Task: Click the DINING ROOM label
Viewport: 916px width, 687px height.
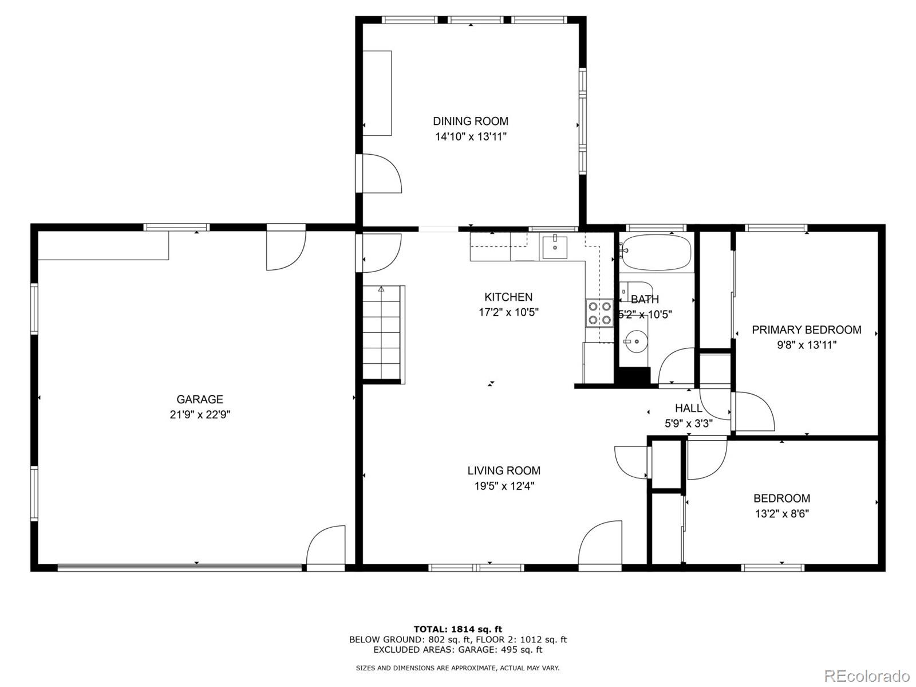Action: pos(470,121)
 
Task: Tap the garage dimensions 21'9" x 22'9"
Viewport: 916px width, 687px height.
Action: pos(200,415)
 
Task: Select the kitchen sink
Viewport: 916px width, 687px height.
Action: pos(555,246)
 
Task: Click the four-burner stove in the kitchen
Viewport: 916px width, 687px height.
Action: pos(599,313)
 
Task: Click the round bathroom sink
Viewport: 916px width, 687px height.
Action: pos(635,341)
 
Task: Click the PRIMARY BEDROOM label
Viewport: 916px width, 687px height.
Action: pos(806,330)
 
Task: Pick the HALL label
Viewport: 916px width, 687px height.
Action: pos(688,409)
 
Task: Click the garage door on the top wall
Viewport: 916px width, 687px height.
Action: pos(286,249)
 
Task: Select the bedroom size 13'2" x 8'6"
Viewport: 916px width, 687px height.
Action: pos(781,514)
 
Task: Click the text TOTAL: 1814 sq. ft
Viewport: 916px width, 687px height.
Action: pos(457,629)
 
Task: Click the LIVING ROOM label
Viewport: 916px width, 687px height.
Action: pos(504,471)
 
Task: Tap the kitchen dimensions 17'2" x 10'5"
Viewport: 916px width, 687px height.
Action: pos(508,312)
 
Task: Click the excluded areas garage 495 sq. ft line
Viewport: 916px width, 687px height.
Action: pos(457,650)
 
